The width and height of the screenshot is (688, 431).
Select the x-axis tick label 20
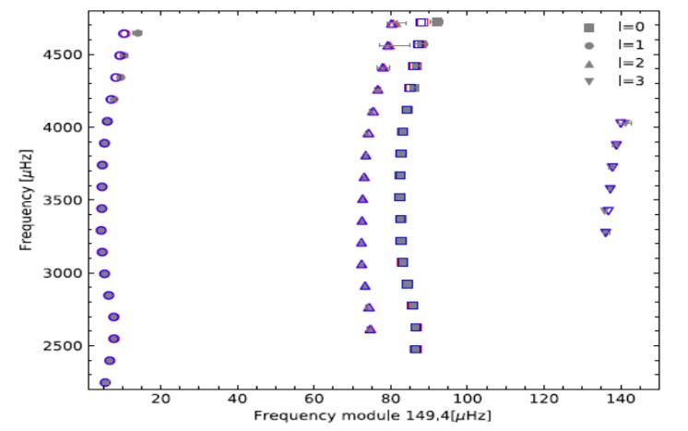tap(161, 399)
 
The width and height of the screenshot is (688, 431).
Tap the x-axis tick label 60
tap(314, 399)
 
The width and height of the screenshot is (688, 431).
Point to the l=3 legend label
tap(632, 81)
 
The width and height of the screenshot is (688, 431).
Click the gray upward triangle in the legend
tap(589, 63)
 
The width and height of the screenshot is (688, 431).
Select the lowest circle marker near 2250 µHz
tap(105, 382)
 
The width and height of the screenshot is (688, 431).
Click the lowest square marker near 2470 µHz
tap(416, 349)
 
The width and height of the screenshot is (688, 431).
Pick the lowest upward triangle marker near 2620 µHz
tap(371, 329)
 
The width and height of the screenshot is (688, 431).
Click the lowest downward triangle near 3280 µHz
tap(606, 233)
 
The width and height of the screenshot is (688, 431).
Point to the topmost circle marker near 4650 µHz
tap(125, 33)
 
